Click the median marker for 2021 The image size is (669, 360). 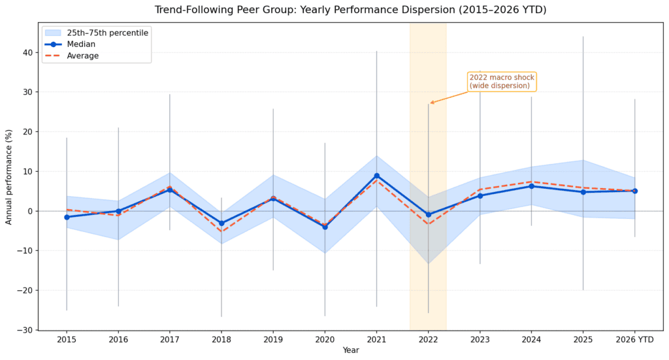coord(376,176)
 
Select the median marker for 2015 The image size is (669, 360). coord(67,217)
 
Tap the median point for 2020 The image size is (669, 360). coord(325,227)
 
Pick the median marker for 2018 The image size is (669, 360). coord(221,223)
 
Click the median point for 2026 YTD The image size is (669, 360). coord(635,191)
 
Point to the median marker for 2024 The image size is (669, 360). coord(531,186)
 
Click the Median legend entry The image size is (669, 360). coord(70,44)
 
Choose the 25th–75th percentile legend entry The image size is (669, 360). coord(97,33)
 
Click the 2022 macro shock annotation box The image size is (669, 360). coord(502,82)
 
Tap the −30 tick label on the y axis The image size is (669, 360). coord(25,330)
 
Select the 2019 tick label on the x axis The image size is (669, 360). coord(273,340)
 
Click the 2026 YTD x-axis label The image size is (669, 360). coord(635,340)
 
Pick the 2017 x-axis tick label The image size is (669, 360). coord(170,340)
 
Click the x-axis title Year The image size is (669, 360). coord(351,350)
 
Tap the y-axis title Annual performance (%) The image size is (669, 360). coord(9,176)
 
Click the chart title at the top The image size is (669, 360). coord(351,10)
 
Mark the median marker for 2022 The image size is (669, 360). coord(428,214)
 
